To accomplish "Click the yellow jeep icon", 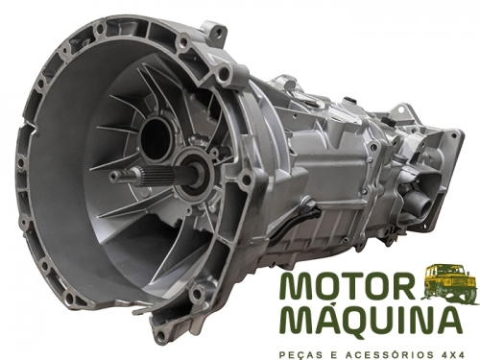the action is tap(447, 279).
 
